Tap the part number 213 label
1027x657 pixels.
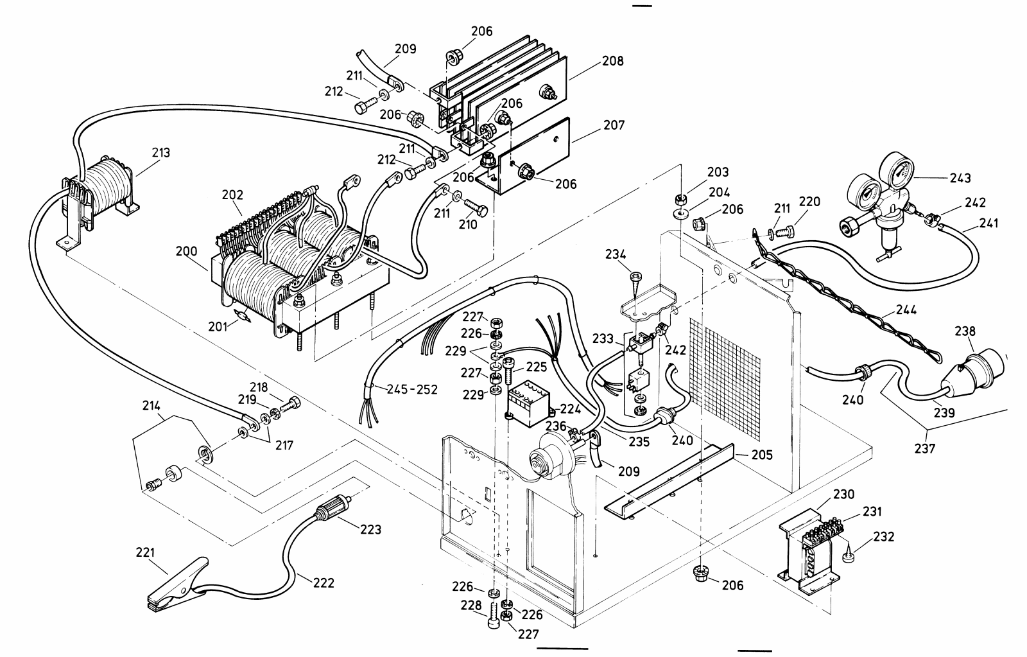click(x=161, y=153)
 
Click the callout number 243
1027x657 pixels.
click(x=960, y=178)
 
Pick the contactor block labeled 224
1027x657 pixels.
click(x=527, y=403)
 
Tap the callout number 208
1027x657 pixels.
click(x=612, y=62)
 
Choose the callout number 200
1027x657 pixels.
click(x=187, y=252)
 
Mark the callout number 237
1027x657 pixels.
click(x=926, y=448)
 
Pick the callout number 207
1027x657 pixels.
click(x=614, y=125)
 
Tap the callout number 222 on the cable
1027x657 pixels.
click(x=324, y=583)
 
